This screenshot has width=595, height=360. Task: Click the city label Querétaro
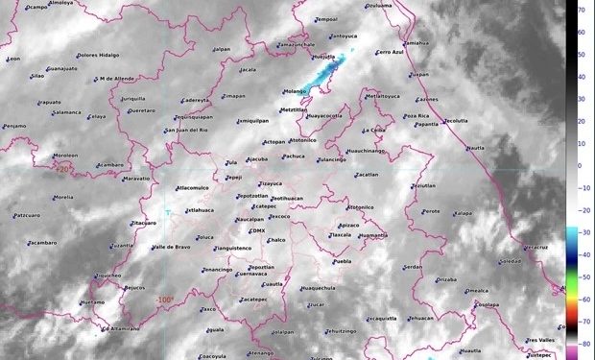click(141, 110)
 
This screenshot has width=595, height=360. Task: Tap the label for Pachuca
click(294, 156)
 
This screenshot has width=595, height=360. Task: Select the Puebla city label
click(342, 261)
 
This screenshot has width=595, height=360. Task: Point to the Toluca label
click(204, 237)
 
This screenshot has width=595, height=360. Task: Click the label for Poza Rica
click(416, 115)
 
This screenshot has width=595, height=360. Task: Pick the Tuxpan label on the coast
click(418, 74)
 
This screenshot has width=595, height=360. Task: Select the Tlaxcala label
click(341, 234)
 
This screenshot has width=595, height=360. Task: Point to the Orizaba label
click(446, 279)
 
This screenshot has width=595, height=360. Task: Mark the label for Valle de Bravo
click(172, 247)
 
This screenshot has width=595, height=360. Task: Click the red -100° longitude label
click(165, 300)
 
